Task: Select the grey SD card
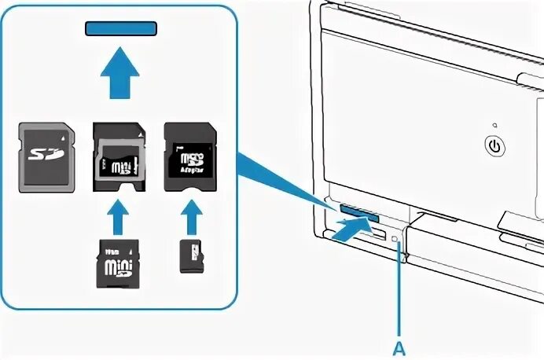pos(47,156)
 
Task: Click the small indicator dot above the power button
pos(493,125)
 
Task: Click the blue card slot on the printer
pos(361,212)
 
